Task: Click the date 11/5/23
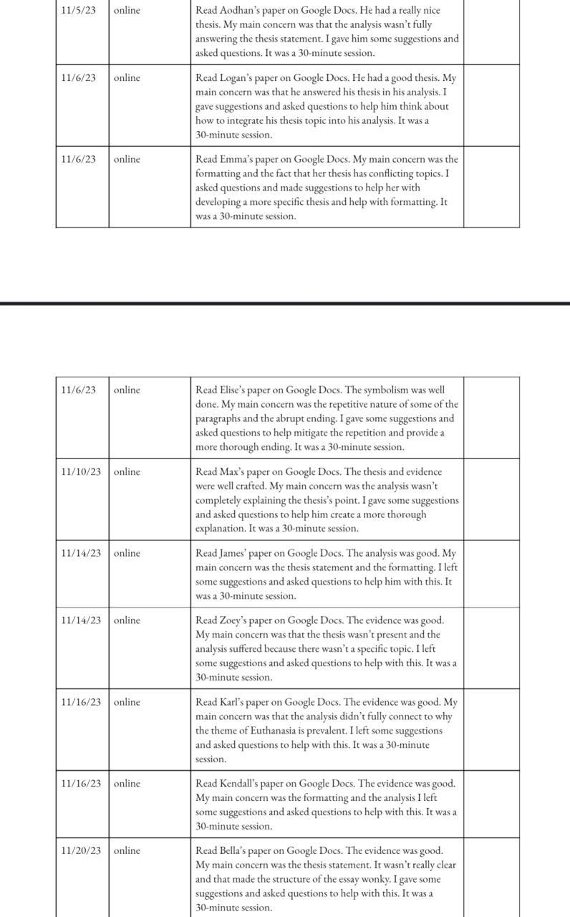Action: pos(78,11)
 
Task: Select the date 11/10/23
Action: pos(81,472)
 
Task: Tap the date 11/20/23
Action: pos(81,851)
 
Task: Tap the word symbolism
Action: pos(387,390)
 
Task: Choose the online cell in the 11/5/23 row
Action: pos(127,11)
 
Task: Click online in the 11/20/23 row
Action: pos(127,851)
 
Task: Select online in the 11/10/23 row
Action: pos(127,472)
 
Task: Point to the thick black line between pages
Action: pos(285,303)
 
